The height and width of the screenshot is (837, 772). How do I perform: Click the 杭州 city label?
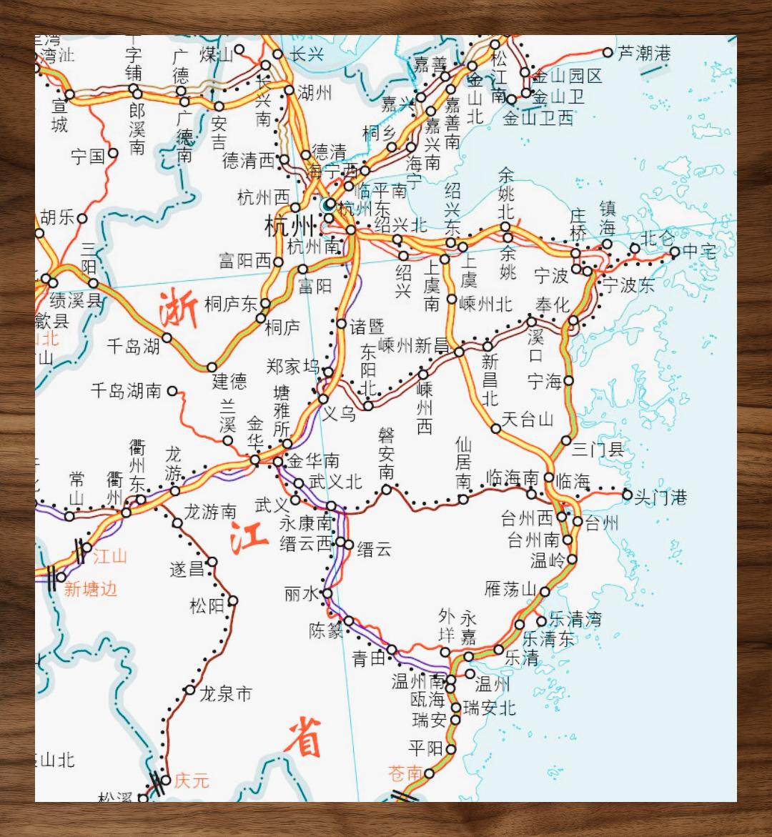click(x=289, y=227)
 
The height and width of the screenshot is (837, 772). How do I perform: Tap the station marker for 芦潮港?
click(x=608, y=52)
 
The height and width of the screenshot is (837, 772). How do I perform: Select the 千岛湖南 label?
click(x=127, y=390)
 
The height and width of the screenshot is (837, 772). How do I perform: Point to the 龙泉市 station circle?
click(x=189, y=690)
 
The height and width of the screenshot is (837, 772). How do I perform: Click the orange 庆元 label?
click(x=192, y=780)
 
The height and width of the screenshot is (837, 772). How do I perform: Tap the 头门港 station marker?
click(x=627, y=494)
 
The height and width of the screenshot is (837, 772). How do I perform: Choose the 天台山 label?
click(x=528, y=420)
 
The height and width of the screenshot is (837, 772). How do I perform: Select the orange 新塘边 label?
click(x=90, y=589)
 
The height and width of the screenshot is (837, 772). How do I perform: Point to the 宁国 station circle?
click(x=113, y=153)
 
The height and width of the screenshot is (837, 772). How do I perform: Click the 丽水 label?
click(x=301, y=593)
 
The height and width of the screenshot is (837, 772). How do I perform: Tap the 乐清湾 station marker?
click(x=541, y=620)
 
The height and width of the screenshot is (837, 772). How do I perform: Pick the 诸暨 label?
click(x=367, y=327)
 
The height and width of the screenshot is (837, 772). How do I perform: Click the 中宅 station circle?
click(x=674, y=252)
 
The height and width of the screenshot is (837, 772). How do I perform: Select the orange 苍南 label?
click(x=405, y=773)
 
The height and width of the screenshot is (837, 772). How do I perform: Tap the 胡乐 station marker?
click(x=82, y=218)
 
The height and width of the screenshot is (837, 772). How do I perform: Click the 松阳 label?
click(x=207, y=606)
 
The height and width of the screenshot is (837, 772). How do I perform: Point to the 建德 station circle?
click(x=212, y=367)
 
